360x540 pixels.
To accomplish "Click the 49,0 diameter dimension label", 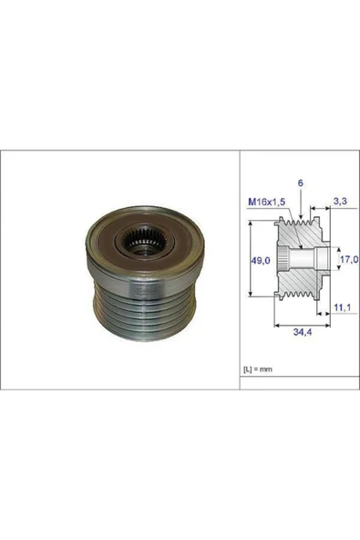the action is [260, 261].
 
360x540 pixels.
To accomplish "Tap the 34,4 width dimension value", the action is [303, 332].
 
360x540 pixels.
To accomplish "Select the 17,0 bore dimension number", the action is [349, 259].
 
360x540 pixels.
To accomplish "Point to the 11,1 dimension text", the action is [342, 307].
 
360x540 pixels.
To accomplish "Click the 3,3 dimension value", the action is [340, 202].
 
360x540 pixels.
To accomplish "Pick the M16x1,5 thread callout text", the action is [267, 202].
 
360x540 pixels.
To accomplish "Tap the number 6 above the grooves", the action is [301, 183].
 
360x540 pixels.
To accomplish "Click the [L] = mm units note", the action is [258, 369].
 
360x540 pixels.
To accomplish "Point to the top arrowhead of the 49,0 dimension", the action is [251, 223].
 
